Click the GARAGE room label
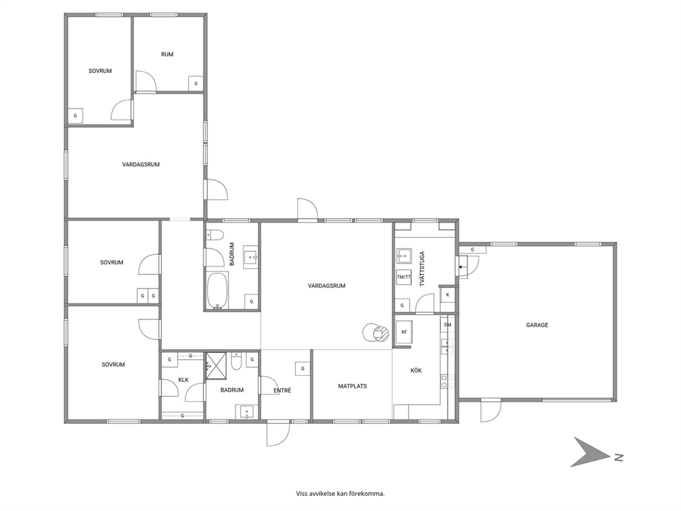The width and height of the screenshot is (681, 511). tap(537, 325)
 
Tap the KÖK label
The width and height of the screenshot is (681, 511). tap(416, 370)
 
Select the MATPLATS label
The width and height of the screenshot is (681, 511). tap(352, 386)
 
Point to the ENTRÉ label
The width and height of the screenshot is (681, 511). tap(282, 390)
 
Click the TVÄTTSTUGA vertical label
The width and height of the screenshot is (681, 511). tap(422, 269)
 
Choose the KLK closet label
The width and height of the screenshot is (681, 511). tap(183, 380)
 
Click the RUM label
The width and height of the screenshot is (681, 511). tap(168, 54)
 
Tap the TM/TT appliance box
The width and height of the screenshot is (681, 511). tap(404, 277)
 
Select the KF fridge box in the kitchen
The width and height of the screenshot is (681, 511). tap(404, 332)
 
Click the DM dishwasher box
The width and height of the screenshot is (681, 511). tap(448, 325)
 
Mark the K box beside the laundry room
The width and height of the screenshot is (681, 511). tap(448, 295)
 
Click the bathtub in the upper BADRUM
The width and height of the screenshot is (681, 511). tap(217, 291)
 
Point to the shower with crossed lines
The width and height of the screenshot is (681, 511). tap(216, 364)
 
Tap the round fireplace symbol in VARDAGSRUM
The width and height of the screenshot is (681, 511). tap(375, 333)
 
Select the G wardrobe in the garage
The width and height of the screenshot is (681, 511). tap(472, 249)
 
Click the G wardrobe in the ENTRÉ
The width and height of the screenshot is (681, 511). tap(303, 368)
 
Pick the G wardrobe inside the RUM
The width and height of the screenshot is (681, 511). tap(196, 83)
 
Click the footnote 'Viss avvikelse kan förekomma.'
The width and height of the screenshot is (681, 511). tap(340, 493)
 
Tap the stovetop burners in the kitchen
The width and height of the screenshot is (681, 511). tap(448, 381)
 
